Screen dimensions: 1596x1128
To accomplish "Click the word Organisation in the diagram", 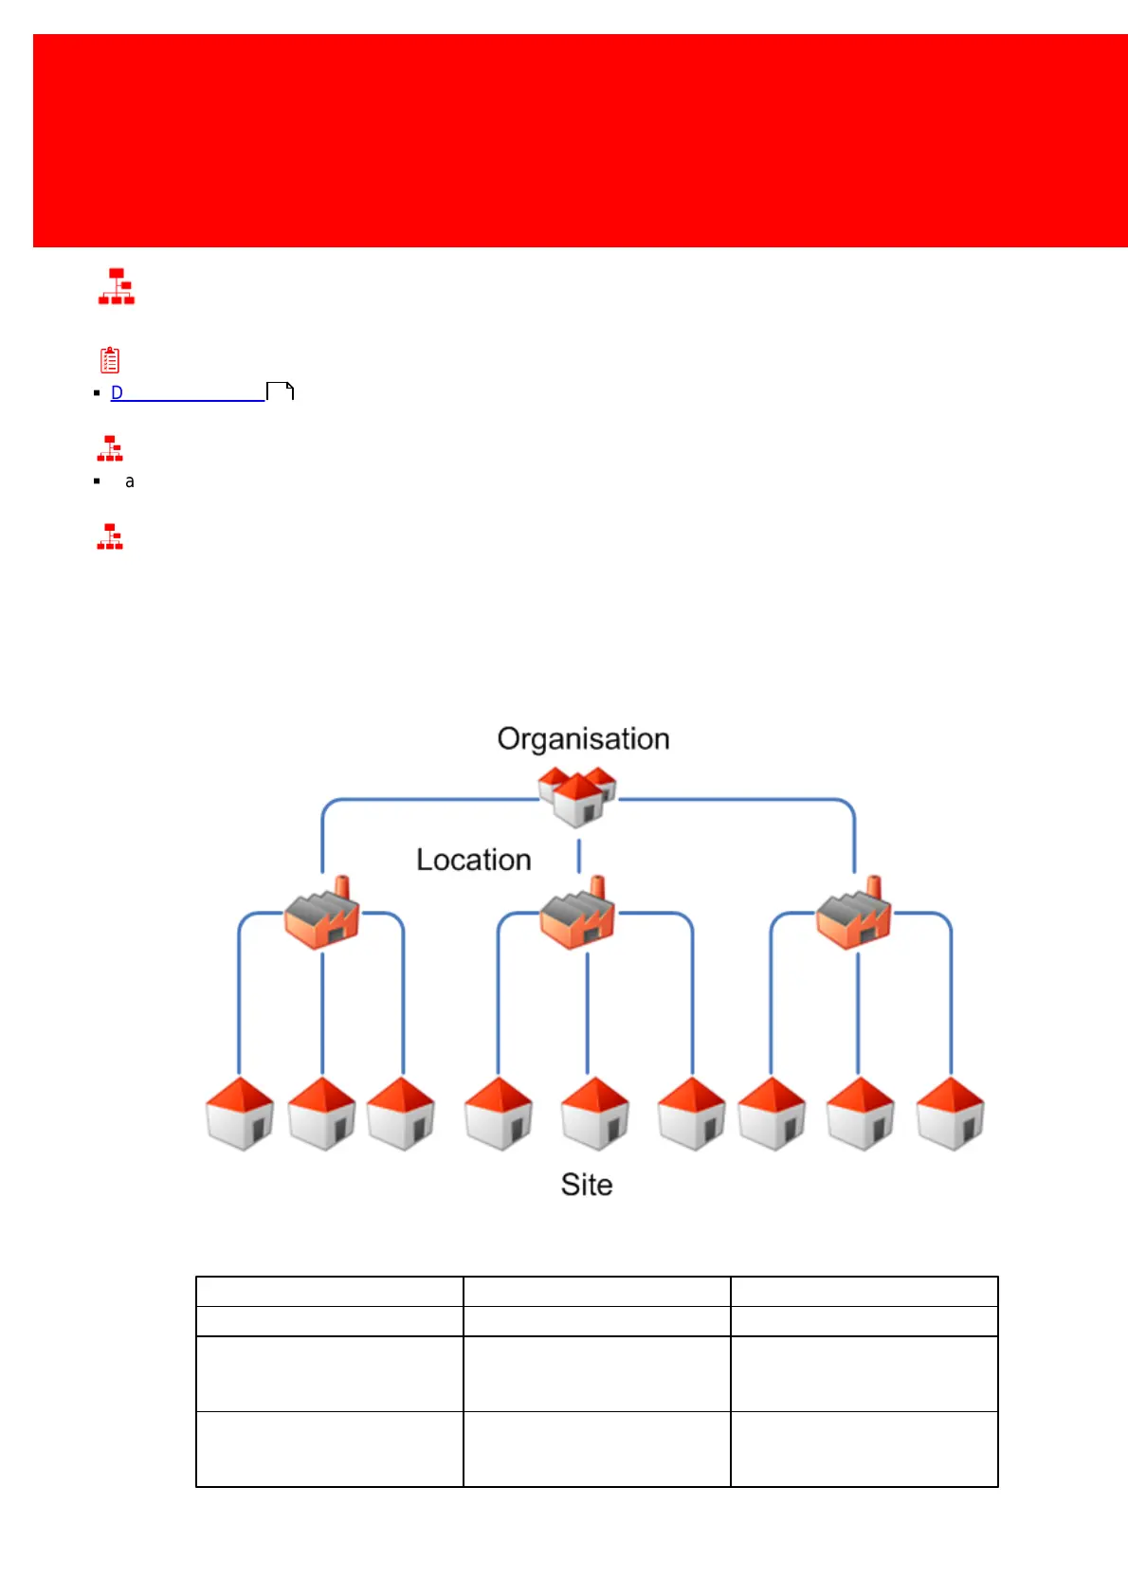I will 583,739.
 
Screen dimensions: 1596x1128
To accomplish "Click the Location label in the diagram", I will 473,860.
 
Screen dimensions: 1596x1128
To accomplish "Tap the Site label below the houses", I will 586,1185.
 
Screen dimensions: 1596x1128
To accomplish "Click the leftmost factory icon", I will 322,916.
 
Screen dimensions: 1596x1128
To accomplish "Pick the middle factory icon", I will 578,915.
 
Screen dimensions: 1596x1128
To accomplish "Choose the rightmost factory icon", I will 854,916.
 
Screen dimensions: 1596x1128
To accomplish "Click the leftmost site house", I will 240,1114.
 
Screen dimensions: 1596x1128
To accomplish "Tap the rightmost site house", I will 950,1114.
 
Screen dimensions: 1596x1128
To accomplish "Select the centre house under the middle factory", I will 595,1114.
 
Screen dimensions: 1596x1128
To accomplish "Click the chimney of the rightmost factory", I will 874,888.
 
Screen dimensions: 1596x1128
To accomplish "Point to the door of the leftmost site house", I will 256,1129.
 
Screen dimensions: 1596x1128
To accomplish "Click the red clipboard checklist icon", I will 110,360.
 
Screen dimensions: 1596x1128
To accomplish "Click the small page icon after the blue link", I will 281,391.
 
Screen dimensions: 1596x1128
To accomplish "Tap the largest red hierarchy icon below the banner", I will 117,286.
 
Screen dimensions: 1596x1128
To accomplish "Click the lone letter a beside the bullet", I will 130,481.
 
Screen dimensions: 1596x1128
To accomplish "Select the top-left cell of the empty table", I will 329,1291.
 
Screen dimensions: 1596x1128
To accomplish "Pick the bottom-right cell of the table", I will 864,1448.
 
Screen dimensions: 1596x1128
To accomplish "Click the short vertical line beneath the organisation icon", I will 579,855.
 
